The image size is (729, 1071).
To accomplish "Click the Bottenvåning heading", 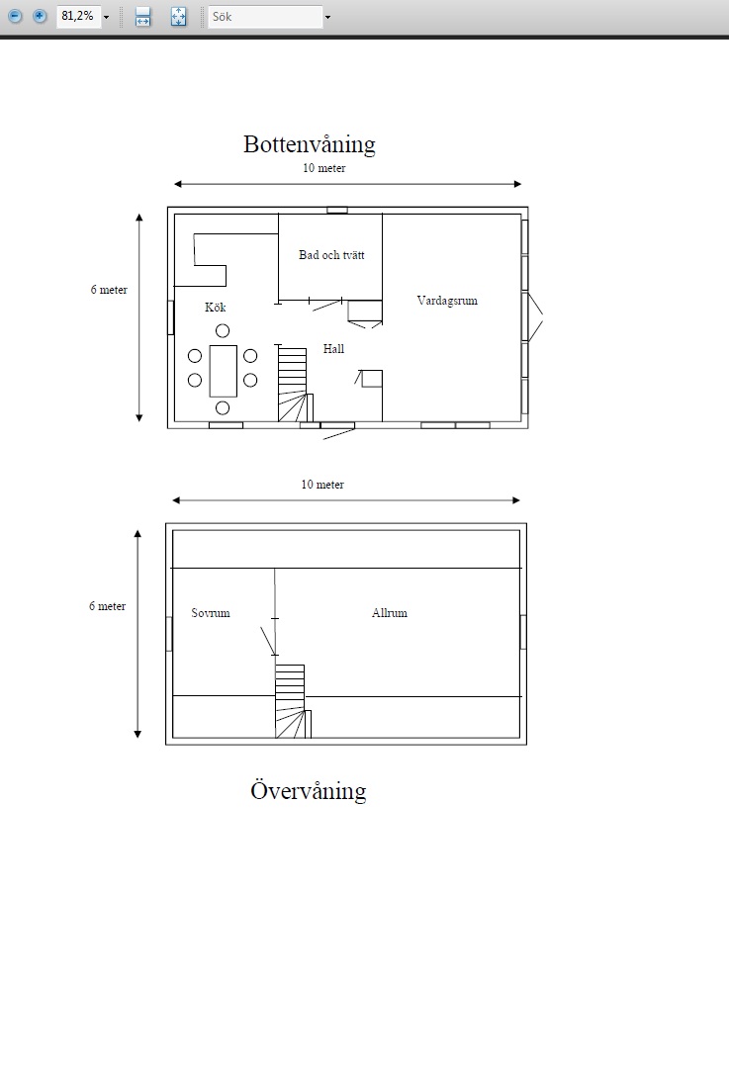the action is [309, 144].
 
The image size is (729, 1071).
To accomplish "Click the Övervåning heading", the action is [309, 790].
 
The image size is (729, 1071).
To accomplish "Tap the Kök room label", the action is [216, 308].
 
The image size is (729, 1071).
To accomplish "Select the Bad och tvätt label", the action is [331, 255].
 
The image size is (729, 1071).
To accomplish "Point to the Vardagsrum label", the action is [447, 301].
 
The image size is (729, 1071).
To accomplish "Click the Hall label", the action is [333, 349].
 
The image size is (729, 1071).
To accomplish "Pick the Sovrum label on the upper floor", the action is [211, 613].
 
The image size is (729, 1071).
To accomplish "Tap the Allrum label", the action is [390, 613].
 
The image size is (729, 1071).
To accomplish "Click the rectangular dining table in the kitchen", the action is [223, 371].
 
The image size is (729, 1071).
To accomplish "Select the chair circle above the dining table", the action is [223, 330].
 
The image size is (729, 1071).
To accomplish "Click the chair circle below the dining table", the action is [223, 407].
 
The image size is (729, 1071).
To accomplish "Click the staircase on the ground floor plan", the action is [295, 384].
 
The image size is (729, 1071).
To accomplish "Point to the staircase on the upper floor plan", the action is [293, 701].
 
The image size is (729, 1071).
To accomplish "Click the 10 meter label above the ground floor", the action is [323, 168].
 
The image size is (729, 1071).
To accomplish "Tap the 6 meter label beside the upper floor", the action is [107, 606].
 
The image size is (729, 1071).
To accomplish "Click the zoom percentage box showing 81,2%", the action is [79, 16].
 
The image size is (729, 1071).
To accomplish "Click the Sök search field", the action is [265, 17].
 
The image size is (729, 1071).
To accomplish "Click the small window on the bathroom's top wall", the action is [337, 211].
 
